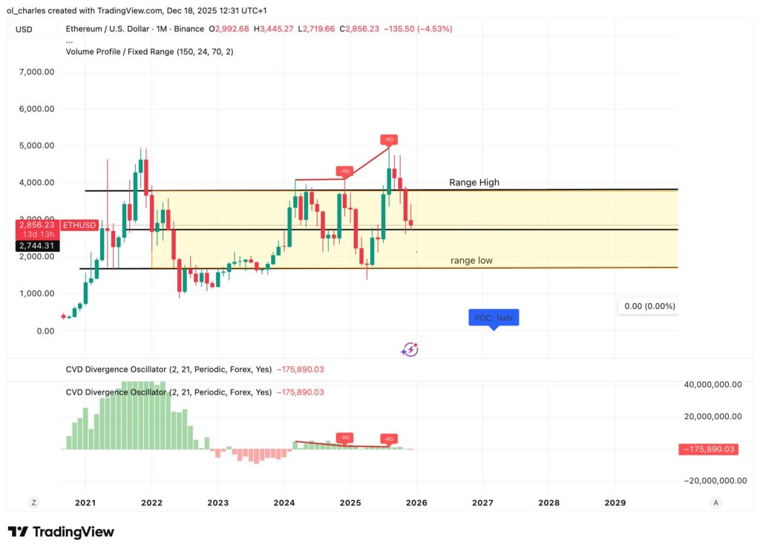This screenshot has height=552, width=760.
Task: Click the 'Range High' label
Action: (474, 183)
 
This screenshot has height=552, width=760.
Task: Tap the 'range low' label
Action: (471, 261)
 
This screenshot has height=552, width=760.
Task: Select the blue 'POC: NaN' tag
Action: (494, 318)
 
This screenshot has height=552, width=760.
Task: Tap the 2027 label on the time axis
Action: (482, 503)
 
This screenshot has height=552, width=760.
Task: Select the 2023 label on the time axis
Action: (218, 503)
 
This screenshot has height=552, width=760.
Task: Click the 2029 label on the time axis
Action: (615, 503)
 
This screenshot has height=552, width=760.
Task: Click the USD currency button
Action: (24, 29)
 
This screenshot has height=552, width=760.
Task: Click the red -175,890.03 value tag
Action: (709, 449)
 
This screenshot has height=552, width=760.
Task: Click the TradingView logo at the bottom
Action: (61, 532)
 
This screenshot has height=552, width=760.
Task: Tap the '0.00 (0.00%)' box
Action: (648, 306)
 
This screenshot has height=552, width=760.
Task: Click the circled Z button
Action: (33, 503)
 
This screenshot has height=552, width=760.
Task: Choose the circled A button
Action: (715, 503)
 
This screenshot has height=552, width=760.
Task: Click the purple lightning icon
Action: (410, 350)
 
